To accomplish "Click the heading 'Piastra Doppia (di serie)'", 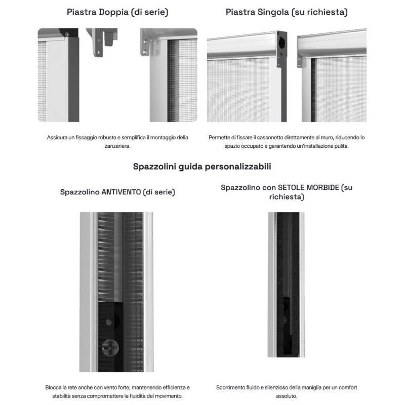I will (117, 11).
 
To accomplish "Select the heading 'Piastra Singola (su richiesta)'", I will (287, 11).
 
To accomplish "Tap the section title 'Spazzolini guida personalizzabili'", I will (202, 166).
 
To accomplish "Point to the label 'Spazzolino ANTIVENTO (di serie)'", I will (117, 192).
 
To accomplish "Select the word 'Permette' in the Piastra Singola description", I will (220, 137).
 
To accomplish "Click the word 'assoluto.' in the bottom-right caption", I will (287, 396).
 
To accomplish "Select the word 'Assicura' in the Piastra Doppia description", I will (58, 137).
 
